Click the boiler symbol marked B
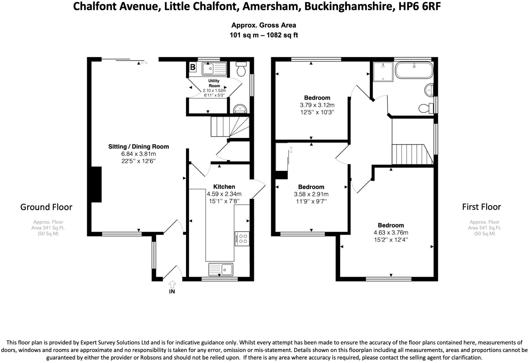click(193, 67)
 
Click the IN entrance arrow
click(172, 285)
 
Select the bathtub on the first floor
click(414, 70)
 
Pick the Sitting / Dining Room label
click(139, 147)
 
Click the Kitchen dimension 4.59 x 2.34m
click(224, 194)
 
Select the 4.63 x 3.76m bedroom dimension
click(391, 232)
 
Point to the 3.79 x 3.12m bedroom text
click(317, 105)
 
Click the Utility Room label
click(214, 83)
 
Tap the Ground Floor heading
click(46, 207)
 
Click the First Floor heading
click(481, 207)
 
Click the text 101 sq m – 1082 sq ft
click(263, 35)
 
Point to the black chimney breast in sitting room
click(96, 184)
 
